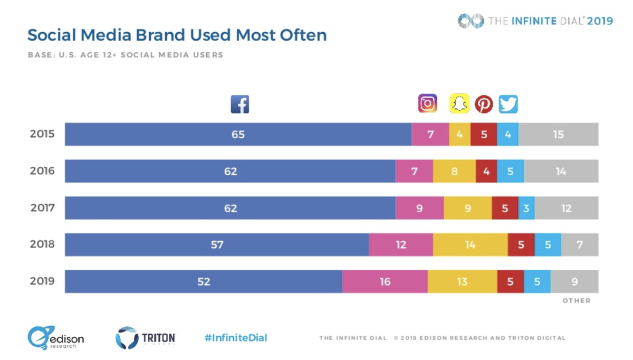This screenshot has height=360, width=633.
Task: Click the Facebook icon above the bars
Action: pyautogui.click(x=240, y=104)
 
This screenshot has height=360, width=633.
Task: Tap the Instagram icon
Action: pyautogui.click(x=427, y=103)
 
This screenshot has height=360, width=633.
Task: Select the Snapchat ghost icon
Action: pyautogui.click(x=459, y=103)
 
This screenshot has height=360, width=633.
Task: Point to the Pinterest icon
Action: pyautogui.click(x=484, y=104)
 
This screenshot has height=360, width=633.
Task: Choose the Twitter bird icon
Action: pyautogui.click(x=509, y=104)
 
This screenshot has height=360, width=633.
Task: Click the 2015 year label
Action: pyautogui.click(x=42, y=134)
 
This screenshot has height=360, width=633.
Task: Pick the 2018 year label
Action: pyautogui.click(x=42, y=245)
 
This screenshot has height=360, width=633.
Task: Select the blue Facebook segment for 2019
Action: pyautogui.click(x=204, y=282)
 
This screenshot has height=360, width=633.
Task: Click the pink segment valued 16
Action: pyautogui.click(x=385, y=282)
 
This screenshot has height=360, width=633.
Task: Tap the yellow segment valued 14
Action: pyautogui.click(x=470, y=245)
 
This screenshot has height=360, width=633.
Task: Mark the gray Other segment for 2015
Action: pyautogui.click(x=559, y=135)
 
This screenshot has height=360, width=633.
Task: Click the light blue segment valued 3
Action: pyautogui.click(x=526, y=208)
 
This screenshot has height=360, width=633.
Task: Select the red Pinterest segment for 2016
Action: pyautogui.click(x=486, y=172)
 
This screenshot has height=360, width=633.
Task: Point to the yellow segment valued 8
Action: pyautogui.click(x=454, y=172)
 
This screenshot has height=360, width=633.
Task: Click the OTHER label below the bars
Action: pyautogui.click(x=577, y=301)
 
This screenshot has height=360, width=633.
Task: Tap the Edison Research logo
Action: pyautogui.click(x=55, y=338)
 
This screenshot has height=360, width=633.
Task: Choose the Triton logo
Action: pyautogui.click(x=146, y=338)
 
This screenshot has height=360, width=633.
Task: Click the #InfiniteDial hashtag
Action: pyautogui.click(x=236, y=338)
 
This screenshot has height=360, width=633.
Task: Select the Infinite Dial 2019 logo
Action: pyautogui.click(x=535, y=21)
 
